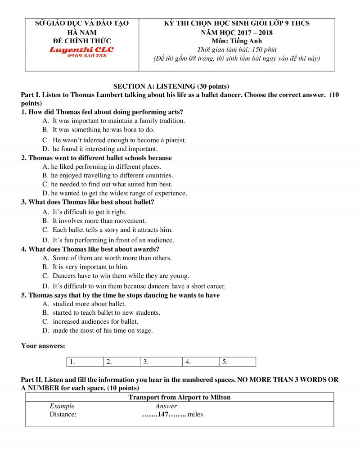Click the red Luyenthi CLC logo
click(81, 50)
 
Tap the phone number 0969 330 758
click(87, 55)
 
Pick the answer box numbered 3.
click(162, 362)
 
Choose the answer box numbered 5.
click(238, 362)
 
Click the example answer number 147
click(163, 414)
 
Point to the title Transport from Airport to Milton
click(180, 397)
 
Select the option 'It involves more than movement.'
click(99, 221)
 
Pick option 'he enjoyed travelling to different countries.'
click(112, 175)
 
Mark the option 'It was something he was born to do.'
click(103, 130)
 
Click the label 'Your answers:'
click(43, 346)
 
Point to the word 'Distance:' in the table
click(63, 414)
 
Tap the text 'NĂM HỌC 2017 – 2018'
click(237, 32)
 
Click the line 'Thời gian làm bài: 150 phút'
click(237, 50)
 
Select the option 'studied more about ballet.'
click(89, 304)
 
